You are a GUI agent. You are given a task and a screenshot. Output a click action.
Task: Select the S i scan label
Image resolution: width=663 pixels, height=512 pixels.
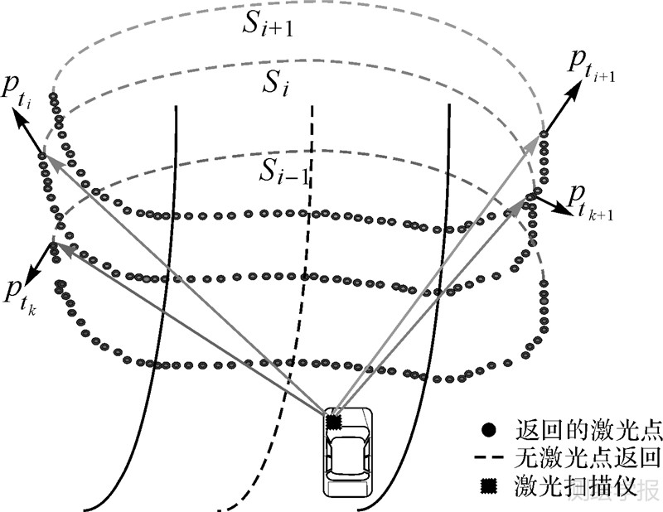[x=277, y=84]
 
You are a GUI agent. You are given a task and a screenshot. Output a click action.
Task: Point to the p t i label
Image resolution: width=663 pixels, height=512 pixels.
[x=21, y=92]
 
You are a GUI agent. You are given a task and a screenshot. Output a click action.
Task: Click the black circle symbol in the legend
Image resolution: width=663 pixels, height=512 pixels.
[x=490, y=431]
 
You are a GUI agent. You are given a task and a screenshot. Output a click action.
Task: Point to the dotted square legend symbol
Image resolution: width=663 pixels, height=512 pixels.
[x=490, y=488]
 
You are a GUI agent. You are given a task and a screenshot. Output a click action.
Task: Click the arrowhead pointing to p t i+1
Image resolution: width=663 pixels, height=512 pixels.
[x=574, y=85]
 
